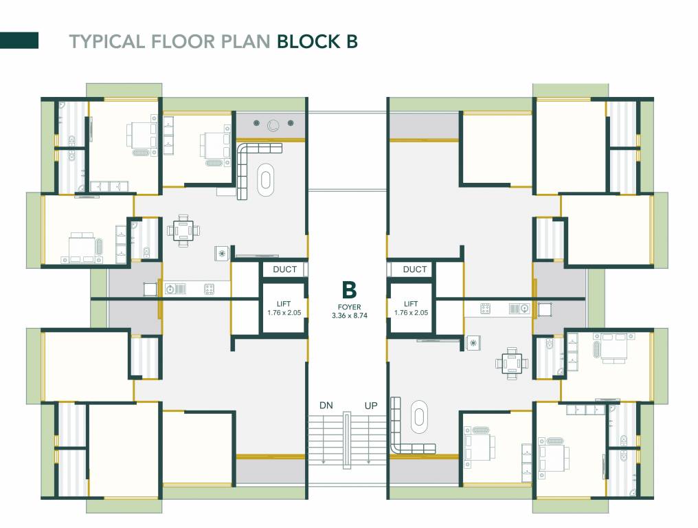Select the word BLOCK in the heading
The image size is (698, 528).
(304, 41)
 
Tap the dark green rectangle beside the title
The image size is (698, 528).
(19, 41)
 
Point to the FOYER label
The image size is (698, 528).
(349, 307)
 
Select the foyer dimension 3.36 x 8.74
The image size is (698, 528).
(349, 316)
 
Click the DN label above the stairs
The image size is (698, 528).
(326, 406)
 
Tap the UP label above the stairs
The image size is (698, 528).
(371, 406)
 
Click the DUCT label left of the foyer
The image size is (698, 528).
(284, 269)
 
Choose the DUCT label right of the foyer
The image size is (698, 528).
(414, 269)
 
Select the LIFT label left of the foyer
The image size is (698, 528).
(284, 304)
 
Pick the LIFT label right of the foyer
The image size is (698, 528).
(411, 304)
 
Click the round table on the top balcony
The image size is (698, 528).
(274, 124)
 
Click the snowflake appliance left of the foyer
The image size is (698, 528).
(222, 253)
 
